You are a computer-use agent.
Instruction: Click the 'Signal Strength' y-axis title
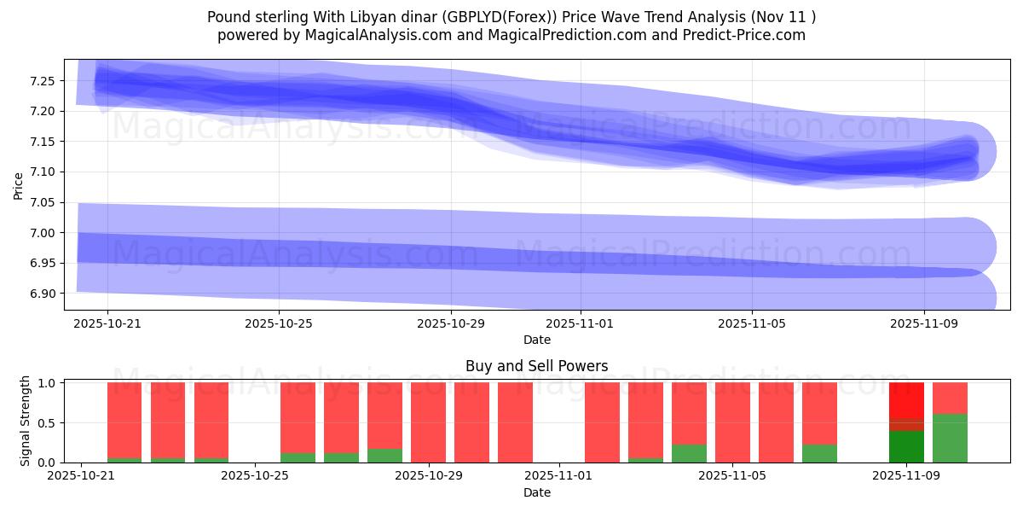(26, 421)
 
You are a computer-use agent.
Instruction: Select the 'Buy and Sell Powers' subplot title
(536, 366)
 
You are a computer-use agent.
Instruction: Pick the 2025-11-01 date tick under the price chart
(580, 324)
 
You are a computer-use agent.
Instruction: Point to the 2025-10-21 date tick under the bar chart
(81, 475)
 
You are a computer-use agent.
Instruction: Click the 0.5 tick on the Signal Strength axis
(47, 422)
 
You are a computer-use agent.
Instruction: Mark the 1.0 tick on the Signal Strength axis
(47, 383)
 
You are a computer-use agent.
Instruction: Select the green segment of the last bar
(950, 439)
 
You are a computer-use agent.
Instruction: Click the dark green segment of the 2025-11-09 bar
(906, 447)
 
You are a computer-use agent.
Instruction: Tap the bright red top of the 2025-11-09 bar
(906, 399)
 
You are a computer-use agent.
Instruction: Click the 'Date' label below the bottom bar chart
(536, 492)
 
